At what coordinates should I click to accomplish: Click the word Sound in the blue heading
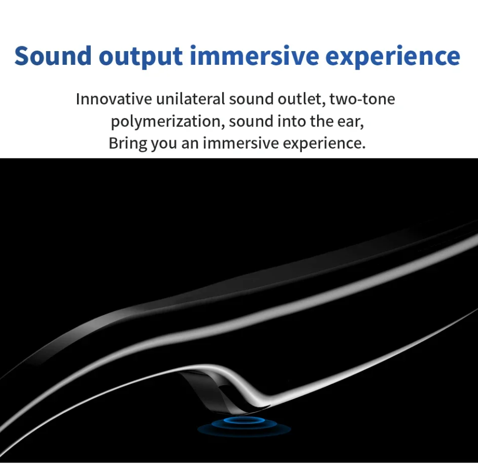[x=53, y=56]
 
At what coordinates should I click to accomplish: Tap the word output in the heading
[x=140, y=56]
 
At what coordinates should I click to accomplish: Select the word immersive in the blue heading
[x=254, y=55]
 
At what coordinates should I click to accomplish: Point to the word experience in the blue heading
[x=393, y=56]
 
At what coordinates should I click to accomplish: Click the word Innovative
[x=114, y=99]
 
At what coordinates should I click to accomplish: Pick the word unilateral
[x=190, y=99]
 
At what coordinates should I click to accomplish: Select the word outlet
[x=301, y=99]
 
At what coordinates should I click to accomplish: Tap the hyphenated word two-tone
[x=362, y=100]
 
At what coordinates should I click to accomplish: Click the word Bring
[x=128, y=143]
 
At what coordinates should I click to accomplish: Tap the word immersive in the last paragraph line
[x=241, y=143]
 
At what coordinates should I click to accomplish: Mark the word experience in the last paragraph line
[x=324, y=144]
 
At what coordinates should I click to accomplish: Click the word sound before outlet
[x=251, y=99]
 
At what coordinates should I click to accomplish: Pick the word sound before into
[x=251, y=122]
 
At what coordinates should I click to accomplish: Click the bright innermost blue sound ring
[x=244, y=420]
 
